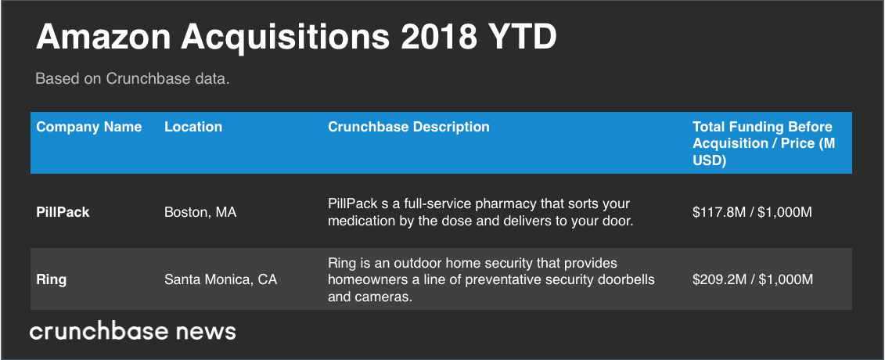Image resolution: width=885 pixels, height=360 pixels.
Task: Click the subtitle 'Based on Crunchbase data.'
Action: tap(132, 80)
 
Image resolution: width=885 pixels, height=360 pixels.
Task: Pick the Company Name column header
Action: tap(89, 127)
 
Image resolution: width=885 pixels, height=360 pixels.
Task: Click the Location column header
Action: tap(193, 127)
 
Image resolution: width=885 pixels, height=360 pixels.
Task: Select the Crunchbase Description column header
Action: tap(408, 127)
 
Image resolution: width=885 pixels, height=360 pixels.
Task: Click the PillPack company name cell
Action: tap(63, 212)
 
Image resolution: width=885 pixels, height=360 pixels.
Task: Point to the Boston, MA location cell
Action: tap(200, 212)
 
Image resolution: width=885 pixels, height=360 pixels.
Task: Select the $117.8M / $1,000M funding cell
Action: tap(753, 212)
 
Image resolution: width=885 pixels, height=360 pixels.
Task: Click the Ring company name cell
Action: tap(52, 279)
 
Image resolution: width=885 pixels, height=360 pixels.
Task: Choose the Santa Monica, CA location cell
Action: tap(221, 279)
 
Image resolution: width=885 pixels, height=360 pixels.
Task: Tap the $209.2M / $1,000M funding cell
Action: tap(753, 279)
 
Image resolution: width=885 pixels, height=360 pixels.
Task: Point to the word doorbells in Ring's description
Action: tap(627, 279)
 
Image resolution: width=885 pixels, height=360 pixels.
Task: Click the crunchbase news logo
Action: tap(132, 332)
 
